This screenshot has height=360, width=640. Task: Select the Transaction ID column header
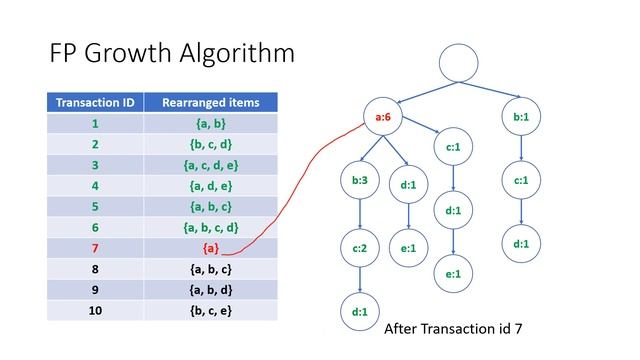click(x=96, y=102)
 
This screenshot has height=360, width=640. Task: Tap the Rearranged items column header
click(x=210, y=102)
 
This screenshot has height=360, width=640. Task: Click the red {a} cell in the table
click(x=210, y=247)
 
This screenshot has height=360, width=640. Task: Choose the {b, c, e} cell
click(x=210, y=310)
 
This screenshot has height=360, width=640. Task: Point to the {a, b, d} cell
click(x=210, y=289)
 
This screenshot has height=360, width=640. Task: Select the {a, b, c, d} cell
click(x=210, y=226)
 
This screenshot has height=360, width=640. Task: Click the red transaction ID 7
click(x=96, y=247)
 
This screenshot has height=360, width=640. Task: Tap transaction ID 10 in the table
click(x=96, y=310)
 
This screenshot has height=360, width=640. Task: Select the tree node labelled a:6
click(x=382, y=117)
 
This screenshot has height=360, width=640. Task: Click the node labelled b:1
click(x=521, y=117)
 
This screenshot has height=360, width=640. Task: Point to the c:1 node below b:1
click(x=521, y=181)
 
